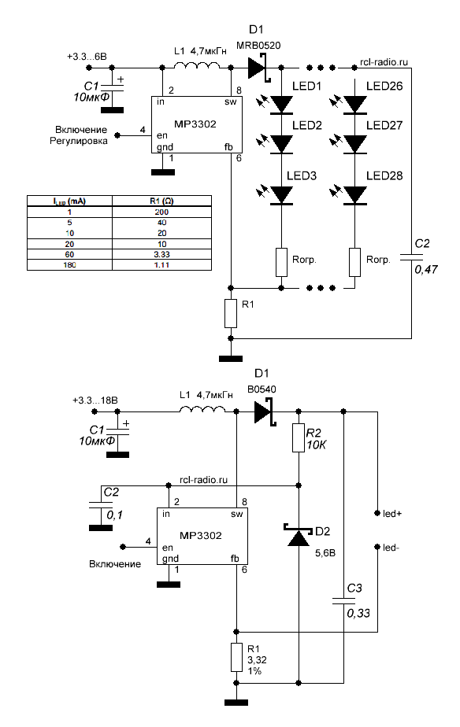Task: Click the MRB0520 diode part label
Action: click(x=258, y=46)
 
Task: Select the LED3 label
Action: click(x=301, y=175)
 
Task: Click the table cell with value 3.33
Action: click(x=161, y=255)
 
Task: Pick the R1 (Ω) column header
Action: click(x=161, y=201)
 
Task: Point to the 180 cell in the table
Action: click(x=69, y=265)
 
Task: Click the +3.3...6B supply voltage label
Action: click(x=87, y=57)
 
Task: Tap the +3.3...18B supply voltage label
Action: click(x=95, y=400)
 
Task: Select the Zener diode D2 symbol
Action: click(x=298, y=536)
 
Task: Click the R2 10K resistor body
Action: click(x=298, y=437)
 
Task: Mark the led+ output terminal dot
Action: click(x=377, y=513)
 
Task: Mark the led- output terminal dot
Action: click(x=377, y=547)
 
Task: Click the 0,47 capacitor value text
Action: click(x=426, y=269)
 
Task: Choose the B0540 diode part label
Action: click(x=262, y=389)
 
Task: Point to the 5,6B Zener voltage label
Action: click(x=325, y=553)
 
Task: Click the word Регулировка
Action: click(x=79, y=141)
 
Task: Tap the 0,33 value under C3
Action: click(x=358, y=613)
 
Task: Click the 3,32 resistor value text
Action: click(x=257, y=660)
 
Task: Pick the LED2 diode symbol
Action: click(x=281, y=144)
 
